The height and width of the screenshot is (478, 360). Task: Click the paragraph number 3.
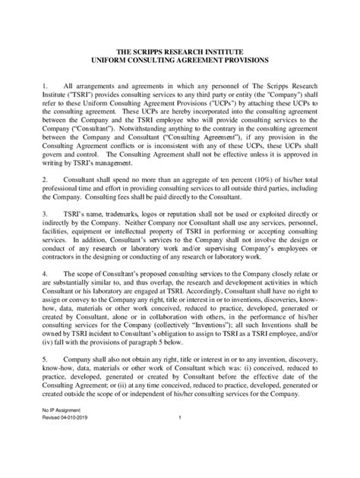pos(45,247)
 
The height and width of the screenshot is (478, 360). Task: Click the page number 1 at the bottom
pos(180,460)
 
